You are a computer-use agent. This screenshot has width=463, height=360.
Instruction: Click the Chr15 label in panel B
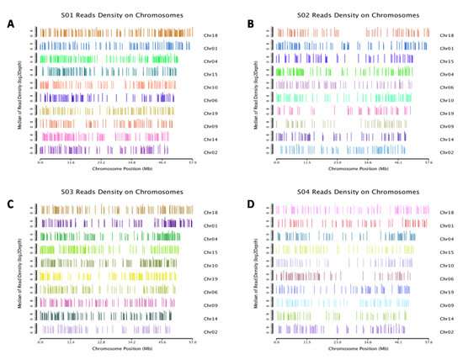coord(446,61)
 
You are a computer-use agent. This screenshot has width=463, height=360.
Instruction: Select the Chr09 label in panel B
coord(446,125)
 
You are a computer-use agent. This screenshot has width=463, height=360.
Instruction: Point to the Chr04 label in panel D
coord(446,240)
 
